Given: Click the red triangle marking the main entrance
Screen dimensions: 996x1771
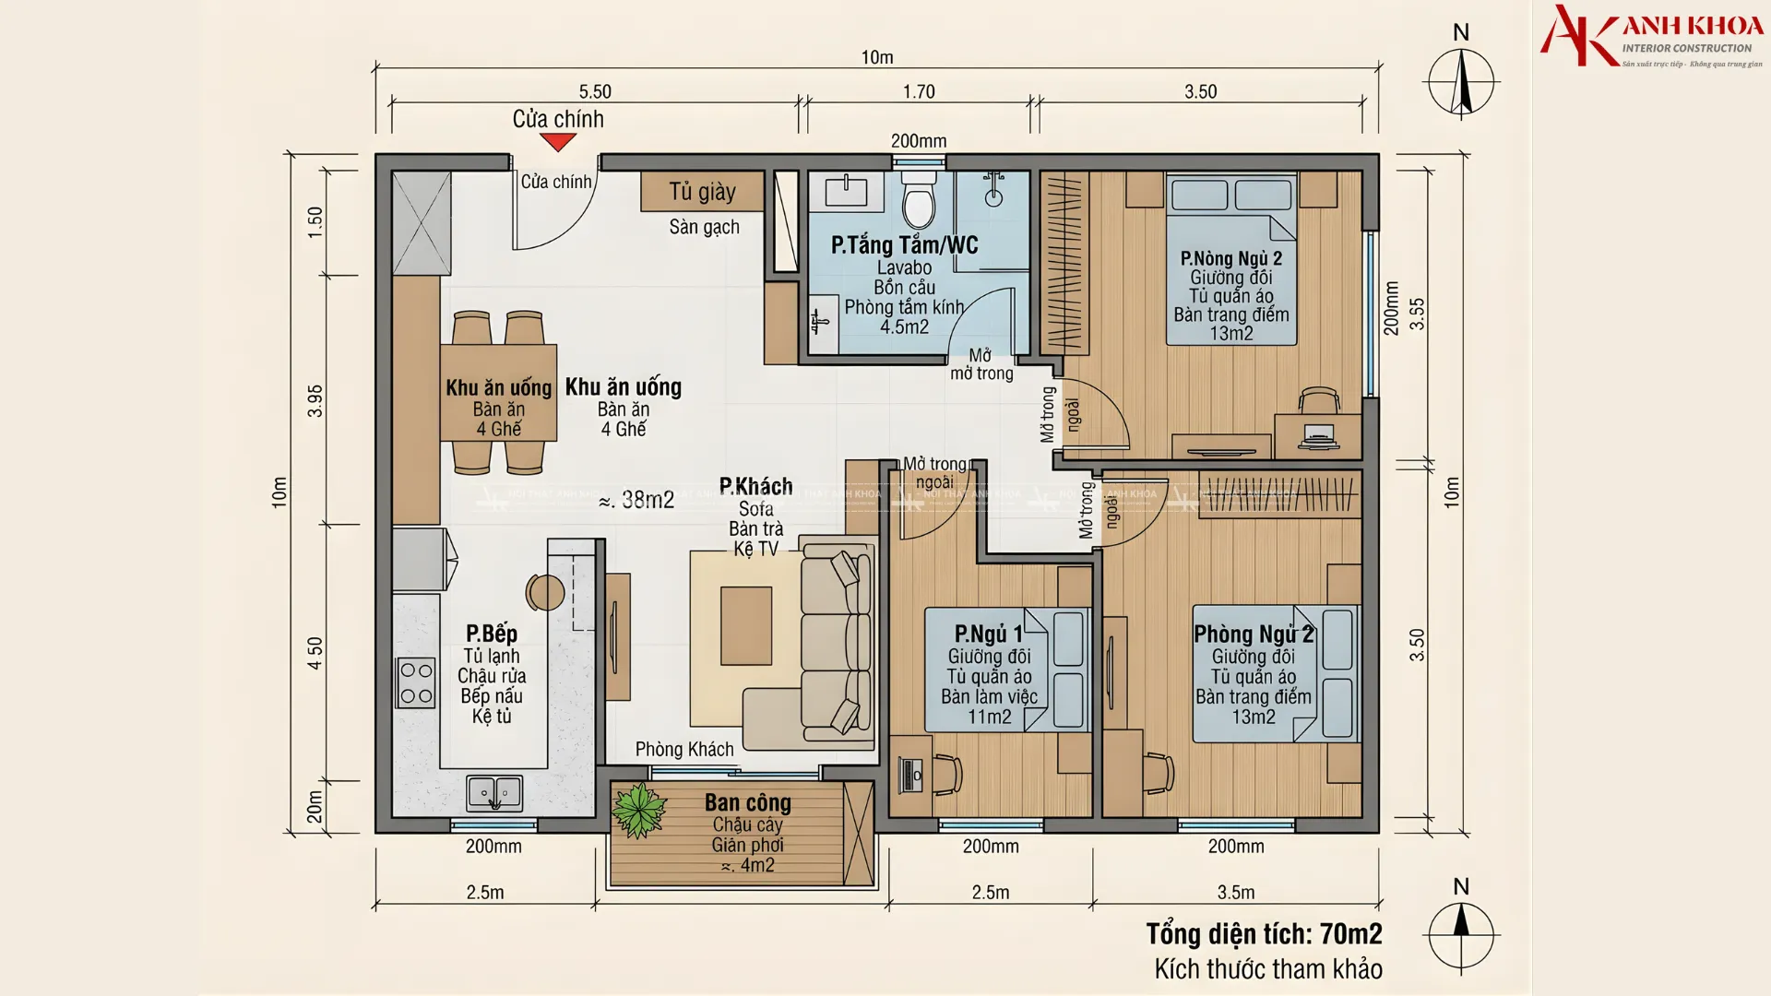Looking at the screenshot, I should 558,142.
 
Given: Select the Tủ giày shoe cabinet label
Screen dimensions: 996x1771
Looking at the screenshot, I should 702,192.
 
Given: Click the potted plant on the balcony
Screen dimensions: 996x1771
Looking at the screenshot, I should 638,810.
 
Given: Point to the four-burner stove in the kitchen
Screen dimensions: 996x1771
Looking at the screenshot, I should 416,683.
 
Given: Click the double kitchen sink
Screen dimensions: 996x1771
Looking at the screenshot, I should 494,792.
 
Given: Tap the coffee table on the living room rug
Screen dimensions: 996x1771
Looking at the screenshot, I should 746,625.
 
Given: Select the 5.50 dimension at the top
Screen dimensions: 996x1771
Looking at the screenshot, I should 595,91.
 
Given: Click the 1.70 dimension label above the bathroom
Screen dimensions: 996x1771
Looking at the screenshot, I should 919,91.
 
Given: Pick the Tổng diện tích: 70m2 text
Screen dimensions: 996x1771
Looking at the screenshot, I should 1264,934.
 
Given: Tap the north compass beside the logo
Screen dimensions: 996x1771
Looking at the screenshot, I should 1461,80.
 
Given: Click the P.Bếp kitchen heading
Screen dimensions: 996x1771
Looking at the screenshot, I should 492,634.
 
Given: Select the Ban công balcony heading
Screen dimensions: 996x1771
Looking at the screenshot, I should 748,802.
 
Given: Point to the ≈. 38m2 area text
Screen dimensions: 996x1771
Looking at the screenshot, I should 636,500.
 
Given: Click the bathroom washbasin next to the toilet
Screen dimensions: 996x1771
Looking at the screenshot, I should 846,192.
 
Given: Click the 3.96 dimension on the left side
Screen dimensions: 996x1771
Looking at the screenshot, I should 315,400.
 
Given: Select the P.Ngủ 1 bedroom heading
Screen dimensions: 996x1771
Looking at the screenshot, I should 989,634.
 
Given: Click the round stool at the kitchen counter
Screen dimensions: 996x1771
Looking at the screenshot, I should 545,592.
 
